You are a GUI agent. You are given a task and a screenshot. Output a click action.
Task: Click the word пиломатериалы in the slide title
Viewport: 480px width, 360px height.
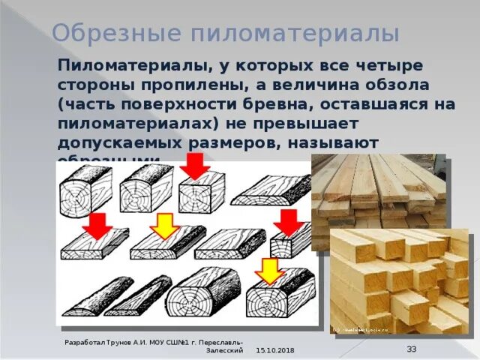295,34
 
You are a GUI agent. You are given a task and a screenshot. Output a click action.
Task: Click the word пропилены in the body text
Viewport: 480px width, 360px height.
194,83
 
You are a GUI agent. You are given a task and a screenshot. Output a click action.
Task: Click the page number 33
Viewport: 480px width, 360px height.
412,349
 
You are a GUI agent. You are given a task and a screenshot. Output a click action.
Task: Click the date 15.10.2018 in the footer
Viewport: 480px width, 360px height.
275,351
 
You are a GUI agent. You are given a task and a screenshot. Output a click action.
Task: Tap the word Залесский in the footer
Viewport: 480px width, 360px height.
225,350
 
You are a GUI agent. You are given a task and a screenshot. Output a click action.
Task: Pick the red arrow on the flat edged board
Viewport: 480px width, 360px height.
96,224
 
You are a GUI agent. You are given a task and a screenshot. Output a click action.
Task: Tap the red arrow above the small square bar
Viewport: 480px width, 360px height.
287,223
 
